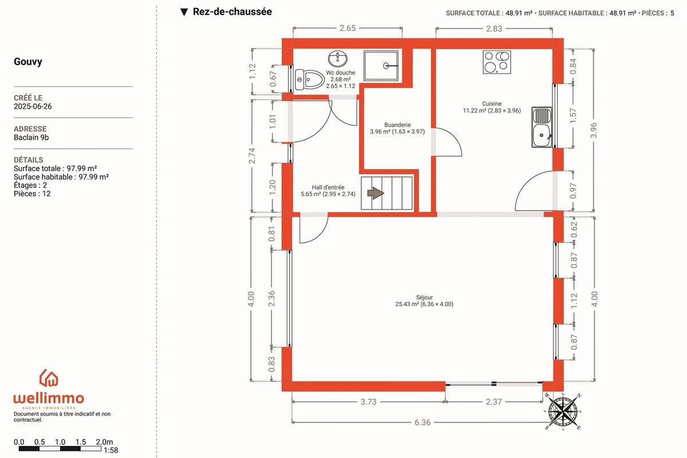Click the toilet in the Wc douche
click(310, 80)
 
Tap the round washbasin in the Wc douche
click(338, 58)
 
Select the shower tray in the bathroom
click(381, 66)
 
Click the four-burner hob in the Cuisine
click(497, 62)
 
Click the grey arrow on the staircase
click(376, 194)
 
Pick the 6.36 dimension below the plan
click(423, 423)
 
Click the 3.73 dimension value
click(368, 402)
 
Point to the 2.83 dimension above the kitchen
click(494, 29)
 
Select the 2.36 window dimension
click(271, 298)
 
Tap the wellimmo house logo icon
click(49, 378)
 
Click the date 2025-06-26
click(33, 106)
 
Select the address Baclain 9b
click(31, 137)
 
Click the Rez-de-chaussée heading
click(232, 11)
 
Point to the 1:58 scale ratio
click(110, 451)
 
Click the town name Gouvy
click(28, 62)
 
